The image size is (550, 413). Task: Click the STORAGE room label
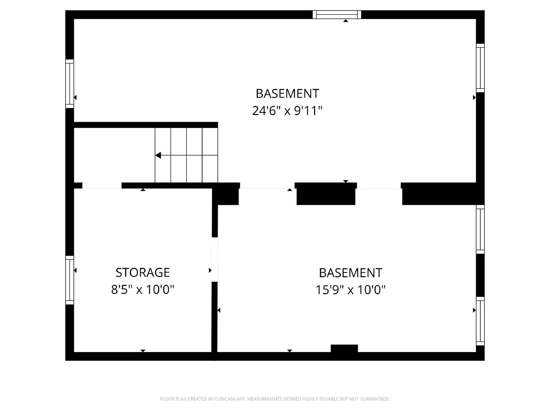pos(143,273)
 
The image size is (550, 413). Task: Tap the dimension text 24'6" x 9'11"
pos(287,111)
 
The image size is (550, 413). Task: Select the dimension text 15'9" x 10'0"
pos(350,290)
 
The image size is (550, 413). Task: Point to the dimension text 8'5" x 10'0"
pos(143,289)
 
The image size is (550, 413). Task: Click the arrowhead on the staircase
pos(158,156)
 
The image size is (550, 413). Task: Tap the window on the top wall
pos(337,14)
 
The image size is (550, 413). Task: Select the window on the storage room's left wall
pos(70,280)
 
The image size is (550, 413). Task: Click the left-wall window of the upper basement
pos(70,84)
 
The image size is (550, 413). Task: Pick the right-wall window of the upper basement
pos(480,68)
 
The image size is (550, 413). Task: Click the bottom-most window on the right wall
pos(480,321)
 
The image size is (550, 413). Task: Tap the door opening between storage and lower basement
pos(214,260)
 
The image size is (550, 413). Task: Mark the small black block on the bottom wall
pos(344,348)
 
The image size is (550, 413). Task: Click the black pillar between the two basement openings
pos(326,194)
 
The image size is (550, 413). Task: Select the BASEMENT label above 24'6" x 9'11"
pos(287,94)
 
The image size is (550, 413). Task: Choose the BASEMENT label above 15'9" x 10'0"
pos(350,273)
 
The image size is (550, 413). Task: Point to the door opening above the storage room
pos(102,186)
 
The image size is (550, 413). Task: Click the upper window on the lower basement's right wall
pos(480,230)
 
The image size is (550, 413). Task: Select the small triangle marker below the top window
pos(346,21)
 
